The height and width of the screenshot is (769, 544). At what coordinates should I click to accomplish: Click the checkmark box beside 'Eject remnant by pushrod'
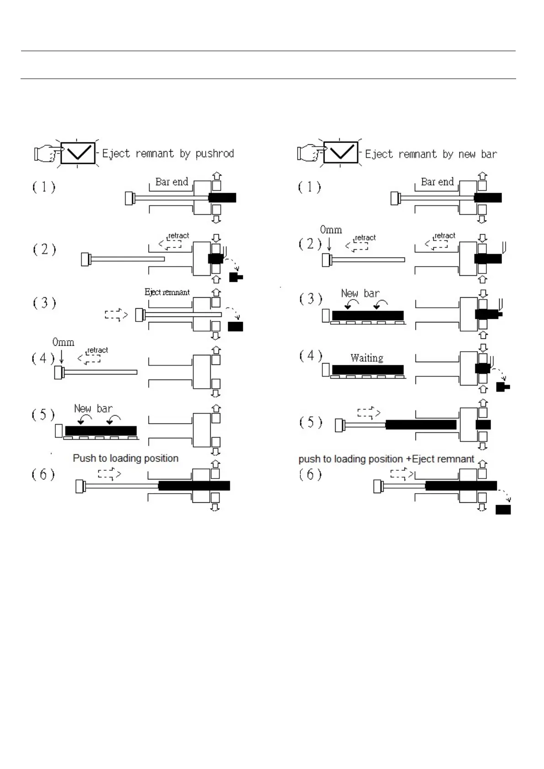pos(78,153)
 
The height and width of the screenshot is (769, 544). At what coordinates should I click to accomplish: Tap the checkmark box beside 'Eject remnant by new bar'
pos(341,153)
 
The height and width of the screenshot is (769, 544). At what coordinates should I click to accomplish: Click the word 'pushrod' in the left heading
pos(214,153)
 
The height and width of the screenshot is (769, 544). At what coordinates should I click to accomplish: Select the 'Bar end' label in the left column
pos(171,182)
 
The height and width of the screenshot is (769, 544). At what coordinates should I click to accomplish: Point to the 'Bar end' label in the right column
pos(437,182)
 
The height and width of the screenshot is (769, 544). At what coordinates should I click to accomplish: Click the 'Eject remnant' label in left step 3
pos(167,292)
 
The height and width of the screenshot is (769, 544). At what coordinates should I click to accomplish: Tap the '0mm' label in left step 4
pos(63,342)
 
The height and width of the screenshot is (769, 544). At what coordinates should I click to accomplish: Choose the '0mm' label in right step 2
pos(331,230)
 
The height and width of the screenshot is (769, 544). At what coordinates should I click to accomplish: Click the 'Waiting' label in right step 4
pos(367,358)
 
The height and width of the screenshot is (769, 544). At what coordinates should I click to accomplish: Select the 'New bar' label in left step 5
pos(93,409)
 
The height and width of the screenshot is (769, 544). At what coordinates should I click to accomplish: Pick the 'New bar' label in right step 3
pos(360,294)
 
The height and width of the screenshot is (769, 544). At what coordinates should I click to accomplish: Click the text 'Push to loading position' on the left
pos(126,458)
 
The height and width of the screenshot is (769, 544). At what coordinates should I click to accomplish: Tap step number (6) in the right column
pos(310,474)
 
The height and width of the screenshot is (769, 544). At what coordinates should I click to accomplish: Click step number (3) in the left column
pos(44,303)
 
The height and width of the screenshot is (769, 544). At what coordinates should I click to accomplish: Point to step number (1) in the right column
pos(309,187)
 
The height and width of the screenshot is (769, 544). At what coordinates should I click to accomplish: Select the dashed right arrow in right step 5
pos(368,413)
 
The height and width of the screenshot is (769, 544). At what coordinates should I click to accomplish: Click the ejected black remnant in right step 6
pos(503,510)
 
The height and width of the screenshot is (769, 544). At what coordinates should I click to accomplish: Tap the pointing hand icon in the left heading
pos(46,153)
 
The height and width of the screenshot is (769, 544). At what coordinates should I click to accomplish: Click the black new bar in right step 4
pos(368,369)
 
